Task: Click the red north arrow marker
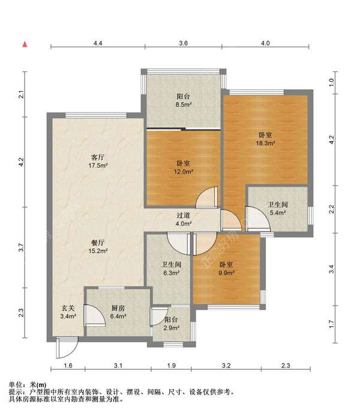[x=25, y=44]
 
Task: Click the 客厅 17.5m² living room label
[x=98, y=162]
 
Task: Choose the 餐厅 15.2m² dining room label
[x=98, y=247]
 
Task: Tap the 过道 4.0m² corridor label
[x=184, y=219]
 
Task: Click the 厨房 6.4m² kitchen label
[x=118, y=312]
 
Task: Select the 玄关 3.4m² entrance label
[x=68, y=312]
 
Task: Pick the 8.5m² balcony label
[x=184, y=100]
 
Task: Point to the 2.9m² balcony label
[x=171, y=324]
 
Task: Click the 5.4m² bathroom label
[x=278, y=209]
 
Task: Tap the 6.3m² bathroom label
[x=172, y=269]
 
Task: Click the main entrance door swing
[x=67, y=348]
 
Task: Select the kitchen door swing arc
[x=95, y=315]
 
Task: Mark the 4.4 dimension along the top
[x=98, y=43]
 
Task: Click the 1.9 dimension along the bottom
[x=171, y=366]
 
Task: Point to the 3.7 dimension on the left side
[x=21, y=248]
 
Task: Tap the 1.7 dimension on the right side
[x=331, y=324]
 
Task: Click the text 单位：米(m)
[x=28, y=385]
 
